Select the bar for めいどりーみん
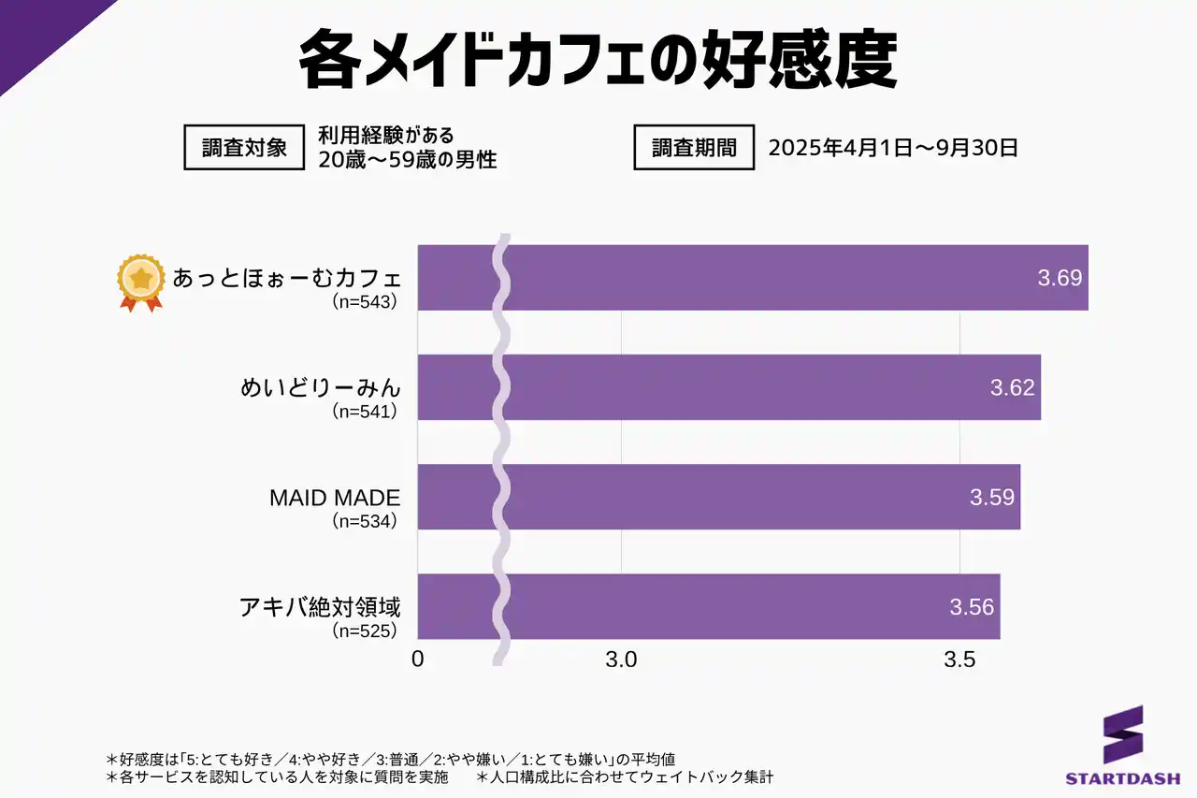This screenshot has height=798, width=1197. click(729, 387)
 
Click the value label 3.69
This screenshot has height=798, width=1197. click(1060, 278)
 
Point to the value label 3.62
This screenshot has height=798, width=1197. click(1013, 387)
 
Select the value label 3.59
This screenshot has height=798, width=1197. click(992, 497)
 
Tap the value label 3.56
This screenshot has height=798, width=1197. click(972, 606)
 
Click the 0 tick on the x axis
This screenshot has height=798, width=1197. click(418, 659)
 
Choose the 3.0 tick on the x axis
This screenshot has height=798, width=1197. click(621, 659)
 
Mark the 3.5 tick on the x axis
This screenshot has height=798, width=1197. click(959, 659)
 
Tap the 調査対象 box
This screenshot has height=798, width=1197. click(244, 148)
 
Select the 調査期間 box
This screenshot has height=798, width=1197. click(694, 148)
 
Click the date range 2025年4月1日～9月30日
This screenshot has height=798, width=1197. click(892, 148)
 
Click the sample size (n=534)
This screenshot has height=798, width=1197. click(366, 521)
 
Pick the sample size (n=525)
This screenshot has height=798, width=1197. click(366, 631)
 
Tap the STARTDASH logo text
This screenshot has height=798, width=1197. click(1122, 777)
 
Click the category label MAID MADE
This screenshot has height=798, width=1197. click(335, 498)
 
